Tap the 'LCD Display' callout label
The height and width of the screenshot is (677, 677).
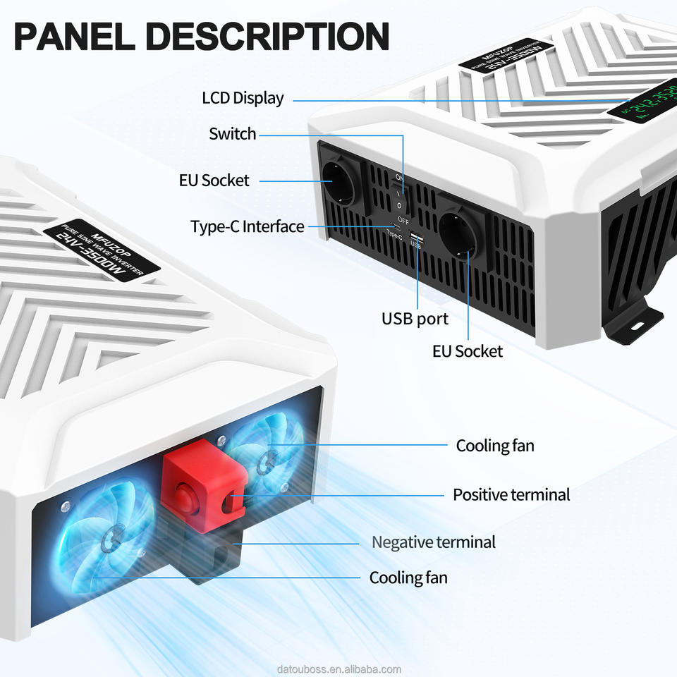pos(243,98)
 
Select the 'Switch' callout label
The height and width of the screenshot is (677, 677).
pos(233,133)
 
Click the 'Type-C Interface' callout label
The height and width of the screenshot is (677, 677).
pos(248,226)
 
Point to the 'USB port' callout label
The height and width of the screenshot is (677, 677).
pos(415,318)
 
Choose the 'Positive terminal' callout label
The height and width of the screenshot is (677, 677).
pos(511,494)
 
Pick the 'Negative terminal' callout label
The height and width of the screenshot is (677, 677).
pos(434,542)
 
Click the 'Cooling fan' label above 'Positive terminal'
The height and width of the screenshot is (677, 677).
pos(495,445)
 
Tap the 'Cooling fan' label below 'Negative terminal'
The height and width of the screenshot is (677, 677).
pos(408,578)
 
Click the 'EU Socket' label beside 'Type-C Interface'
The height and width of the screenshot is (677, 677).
pos(214,180)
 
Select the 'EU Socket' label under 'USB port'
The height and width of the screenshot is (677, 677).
pos(468,350)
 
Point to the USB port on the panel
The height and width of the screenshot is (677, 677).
pos(415,236)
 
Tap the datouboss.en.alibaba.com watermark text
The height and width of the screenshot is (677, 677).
pos(338,669)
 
